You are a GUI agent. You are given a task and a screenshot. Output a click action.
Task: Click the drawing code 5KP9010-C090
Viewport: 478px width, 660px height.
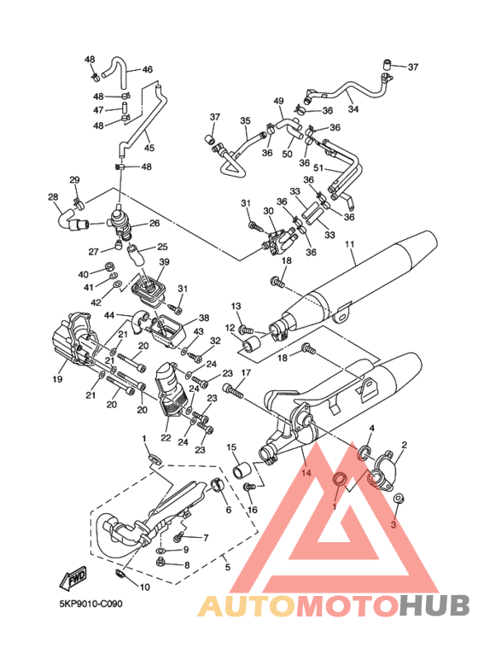[x=90, y=605]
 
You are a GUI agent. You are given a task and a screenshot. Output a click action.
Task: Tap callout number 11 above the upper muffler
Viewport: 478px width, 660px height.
[x=350, y=244]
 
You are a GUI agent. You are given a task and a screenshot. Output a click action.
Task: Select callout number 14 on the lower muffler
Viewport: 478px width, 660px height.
[x=306, y=473]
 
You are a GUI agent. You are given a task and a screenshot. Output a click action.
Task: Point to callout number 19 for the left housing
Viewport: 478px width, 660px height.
[x=57, y=379]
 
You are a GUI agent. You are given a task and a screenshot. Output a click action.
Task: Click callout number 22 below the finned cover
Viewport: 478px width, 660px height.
[x=166, y=438]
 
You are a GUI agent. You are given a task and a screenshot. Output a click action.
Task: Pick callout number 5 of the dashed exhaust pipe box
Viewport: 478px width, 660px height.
[x=228, y=567]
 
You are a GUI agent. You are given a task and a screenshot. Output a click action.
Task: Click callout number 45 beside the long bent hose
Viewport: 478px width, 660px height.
[x=149, y=148]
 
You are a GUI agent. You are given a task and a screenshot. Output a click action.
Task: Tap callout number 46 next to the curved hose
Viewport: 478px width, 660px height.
[x=148, y=69]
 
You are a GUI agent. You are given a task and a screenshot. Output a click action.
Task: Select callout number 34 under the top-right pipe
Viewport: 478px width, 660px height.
[x=353, y=109]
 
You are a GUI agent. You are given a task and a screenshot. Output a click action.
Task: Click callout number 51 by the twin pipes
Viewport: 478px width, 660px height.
[x=318, y=168]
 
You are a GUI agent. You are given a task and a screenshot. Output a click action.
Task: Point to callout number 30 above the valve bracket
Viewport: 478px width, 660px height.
[x=268, y=211]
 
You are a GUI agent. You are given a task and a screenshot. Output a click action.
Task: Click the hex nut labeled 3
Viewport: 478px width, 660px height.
[x=397, y=499]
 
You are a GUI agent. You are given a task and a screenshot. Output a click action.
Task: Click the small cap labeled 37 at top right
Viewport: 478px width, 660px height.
[x=388, y=64]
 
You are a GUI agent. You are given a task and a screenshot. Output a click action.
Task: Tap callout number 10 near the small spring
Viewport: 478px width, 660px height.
[x=144, y=587]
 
